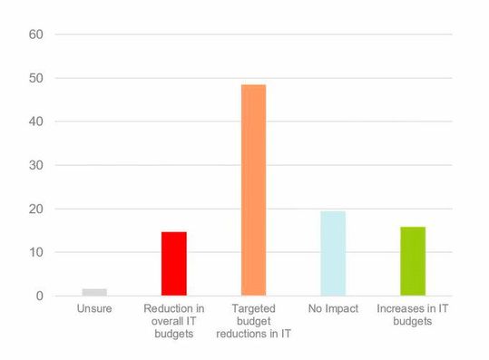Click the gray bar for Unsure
coord(94,292)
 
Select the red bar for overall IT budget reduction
coord(174,264)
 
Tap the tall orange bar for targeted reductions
coord(253,190)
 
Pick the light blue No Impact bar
coord(333,253)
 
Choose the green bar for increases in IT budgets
coord(413,261)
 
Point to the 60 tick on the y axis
coord(36,34)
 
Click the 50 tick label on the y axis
coord(36,77)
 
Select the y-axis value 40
coord(36,121)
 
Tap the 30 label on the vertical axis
coord(36,165)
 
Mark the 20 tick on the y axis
coord(36,209)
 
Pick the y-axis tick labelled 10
coord(36,252)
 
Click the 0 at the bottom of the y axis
coord(40,297)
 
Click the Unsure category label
coord(94,309)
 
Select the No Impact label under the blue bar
coord(333,309)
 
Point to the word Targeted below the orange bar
coord(253,309)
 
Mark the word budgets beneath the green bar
coord(413,321)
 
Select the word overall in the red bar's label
coord(165,321)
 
